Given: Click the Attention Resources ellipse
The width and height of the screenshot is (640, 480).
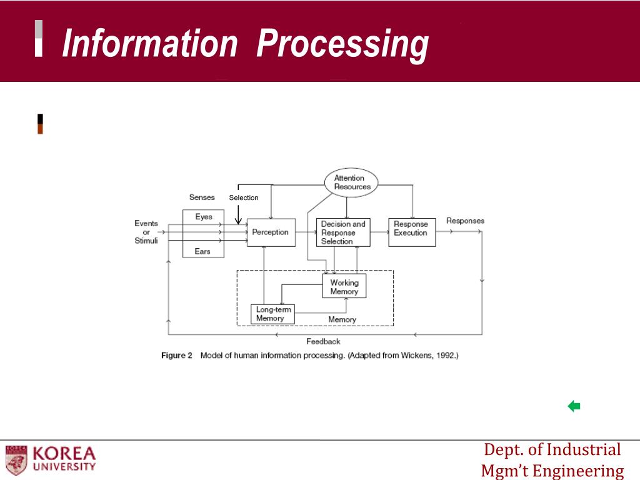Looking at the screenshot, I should [x=352, y=182].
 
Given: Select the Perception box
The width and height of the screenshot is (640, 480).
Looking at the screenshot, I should [x=271, y=232].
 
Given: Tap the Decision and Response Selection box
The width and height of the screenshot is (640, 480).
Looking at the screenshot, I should [x=343, y=232].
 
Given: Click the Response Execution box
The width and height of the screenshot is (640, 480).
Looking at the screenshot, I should [x=411, y=232].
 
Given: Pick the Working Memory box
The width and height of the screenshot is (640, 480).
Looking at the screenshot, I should [x=344, y=287].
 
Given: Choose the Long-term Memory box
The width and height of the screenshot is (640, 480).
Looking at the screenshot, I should [x=272, y=314].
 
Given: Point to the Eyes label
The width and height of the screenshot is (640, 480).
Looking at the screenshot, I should [x=204, y=217].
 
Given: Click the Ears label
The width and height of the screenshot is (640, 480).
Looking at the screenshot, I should [x=202, y=251].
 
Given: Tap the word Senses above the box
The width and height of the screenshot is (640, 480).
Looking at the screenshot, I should [x=202, y=197].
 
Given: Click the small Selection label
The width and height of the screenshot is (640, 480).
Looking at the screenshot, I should [x=244, y=197].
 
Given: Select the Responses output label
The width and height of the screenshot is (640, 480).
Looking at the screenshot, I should [x=465, y=221].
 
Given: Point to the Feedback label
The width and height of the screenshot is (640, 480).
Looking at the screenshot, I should [x=323, y=341].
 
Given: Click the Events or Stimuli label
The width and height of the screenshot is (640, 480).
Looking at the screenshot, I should [x=146, y=232].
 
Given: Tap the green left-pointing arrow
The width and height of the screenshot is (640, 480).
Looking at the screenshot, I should [x=574, y=407].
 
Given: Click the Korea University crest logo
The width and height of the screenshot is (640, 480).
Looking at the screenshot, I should [x=16, y=459].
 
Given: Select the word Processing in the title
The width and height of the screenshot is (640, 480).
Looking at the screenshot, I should [x=343, y=44].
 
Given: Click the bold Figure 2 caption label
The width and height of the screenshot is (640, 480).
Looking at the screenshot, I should [x=177, y=356].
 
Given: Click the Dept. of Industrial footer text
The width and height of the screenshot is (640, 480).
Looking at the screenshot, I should [x=552, y=449].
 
